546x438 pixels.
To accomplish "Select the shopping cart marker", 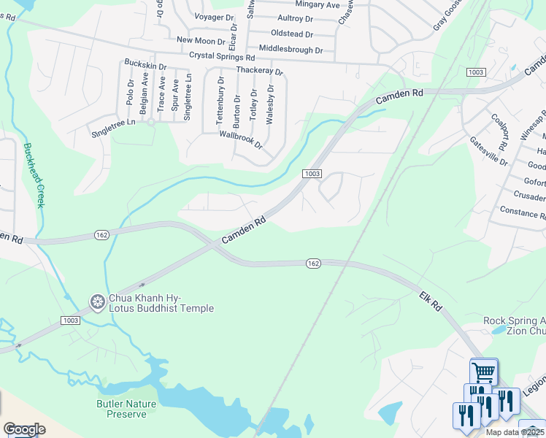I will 483,372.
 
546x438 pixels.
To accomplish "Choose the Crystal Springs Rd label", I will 221,56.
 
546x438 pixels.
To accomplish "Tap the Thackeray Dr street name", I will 258,71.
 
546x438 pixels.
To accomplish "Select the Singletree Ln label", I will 113,128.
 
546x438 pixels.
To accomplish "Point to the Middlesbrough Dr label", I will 285,50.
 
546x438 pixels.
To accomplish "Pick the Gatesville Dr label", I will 489,150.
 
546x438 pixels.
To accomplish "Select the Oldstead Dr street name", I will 291,34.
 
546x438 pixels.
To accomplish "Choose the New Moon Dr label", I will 201,41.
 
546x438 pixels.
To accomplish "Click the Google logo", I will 24,429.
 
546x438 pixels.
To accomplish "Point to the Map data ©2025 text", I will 515,432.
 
